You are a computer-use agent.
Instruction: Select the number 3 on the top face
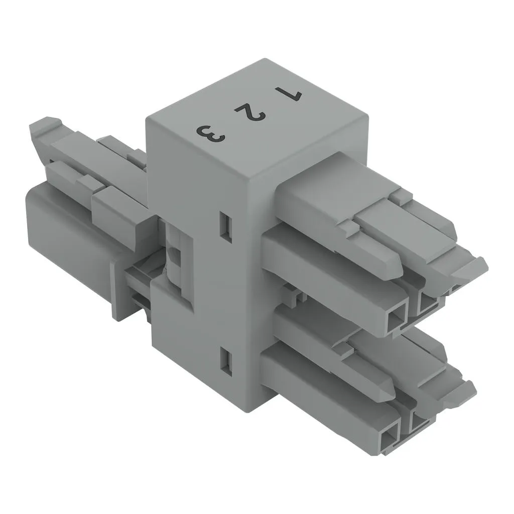click(x=211, y=134)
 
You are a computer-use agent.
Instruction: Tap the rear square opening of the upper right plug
click(x=427, y=302)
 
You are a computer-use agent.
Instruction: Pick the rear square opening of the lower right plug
click(x=420, y=420)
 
